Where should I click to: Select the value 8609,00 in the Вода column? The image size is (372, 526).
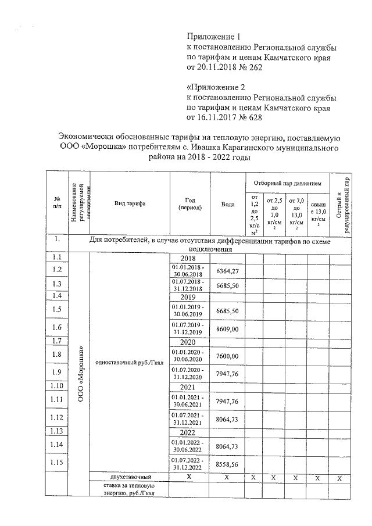click(228, 328)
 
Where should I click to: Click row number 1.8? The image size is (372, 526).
click(56, 354)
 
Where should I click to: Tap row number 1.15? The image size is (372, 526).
click(56, 463)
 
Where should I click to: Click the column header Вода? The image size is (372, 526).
click(228, 204)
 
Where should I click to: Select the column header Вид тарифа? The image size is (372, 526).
click(130, 204)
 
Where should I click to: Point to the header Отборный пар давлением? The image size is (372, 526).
click(287, 183)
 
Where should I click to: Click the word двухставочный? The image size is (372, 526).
click(130, 477)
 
